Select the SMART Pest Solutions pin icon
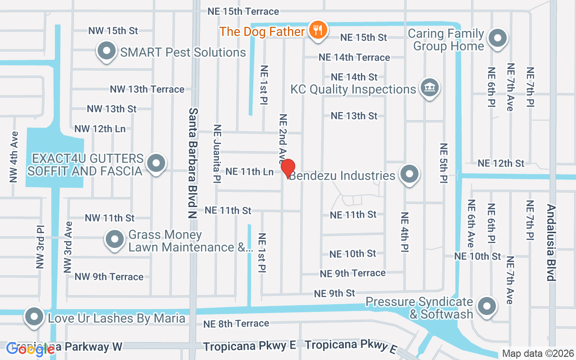click(106, 51)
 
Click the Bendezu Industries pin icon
click(409, 174)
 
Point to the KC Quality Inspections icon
click(429, 87)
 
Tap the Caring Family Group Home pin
click(497, 39)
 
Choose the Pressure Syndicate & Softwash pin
click(486, 307)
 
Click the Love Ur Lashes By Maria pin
click(34, 317)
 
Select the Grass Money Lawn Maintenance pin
click(114, 239)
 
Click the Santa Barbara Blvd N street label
click(193, 163)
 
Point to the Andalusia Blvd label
click(551, 243)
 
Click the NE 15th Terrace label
click(243, 11)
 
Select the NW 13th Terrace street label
click(147, 89)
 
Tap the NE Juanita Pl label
click(217, 153)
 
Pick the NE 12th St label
click(501, 163)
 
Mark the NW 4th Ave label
click(14, 157)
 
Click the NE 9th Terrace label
click(352, 273)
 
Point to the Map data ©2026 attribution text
click(537, 354)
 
